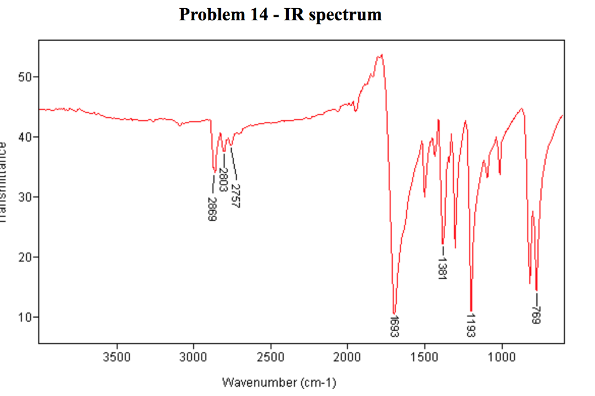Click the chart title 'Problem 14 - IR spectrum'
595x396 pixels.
coord(280,14)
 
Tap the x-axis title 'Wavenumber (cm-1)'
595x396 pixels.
coord(279,383)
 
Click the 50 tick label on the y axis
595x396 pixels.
coord(26,77)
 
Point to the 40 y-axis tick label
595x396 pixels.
coord(26,137)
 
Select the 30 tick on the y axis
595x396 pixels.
coord(26,197)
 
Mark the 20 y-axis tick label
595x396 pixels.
coord(26,257)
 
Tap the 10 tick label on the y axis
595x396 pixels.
coord(26,318)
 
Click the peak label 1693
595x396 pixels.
coord(395,326)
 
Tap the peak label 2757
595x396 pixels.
coord(235,196)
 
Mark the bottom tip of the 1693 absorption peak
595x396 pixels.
coord(394,314)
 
